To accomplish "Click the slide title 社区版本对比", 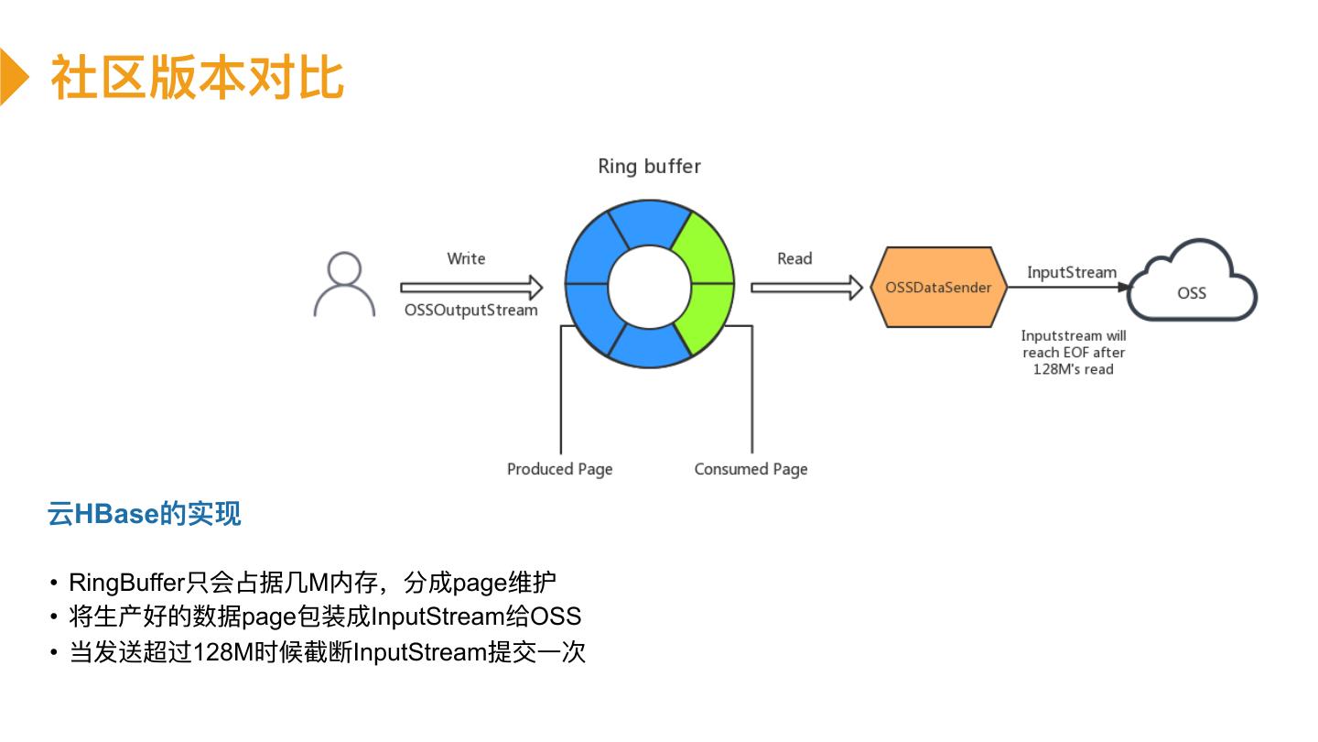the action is click(197, 77).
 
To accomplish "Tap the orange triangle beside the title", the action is click(14, 77).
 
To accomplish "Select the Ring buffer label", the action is click(649, 167).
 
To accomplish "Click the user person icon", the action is click(344, 284).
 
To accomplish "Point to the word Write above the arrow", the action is click(466, 258).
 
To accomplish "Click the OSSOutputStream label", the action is click(470, 311).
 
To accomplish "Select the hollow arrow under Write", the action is click(471, 288).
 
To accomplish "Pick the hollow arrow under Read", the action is click(806, 288).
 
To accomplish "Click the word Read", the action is click(794, 258).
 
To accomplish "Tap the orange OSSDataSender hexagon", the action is click(938, 287).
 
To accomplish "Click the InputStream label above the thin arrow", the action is click(1072, 273).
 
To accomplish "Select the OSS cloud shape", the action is click(1192, 281).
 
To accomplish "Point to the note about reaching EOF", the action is click(1074, 352).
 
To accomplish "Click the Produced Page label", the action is click(559, 469).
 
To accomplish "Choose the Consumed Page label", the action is click(751, 469).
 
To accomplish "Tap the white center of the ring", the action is click(650, 287).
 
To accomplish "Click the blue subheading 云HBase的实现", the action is click(145, 514).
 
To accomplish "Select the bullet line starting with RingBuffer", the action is click(312, 583).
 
